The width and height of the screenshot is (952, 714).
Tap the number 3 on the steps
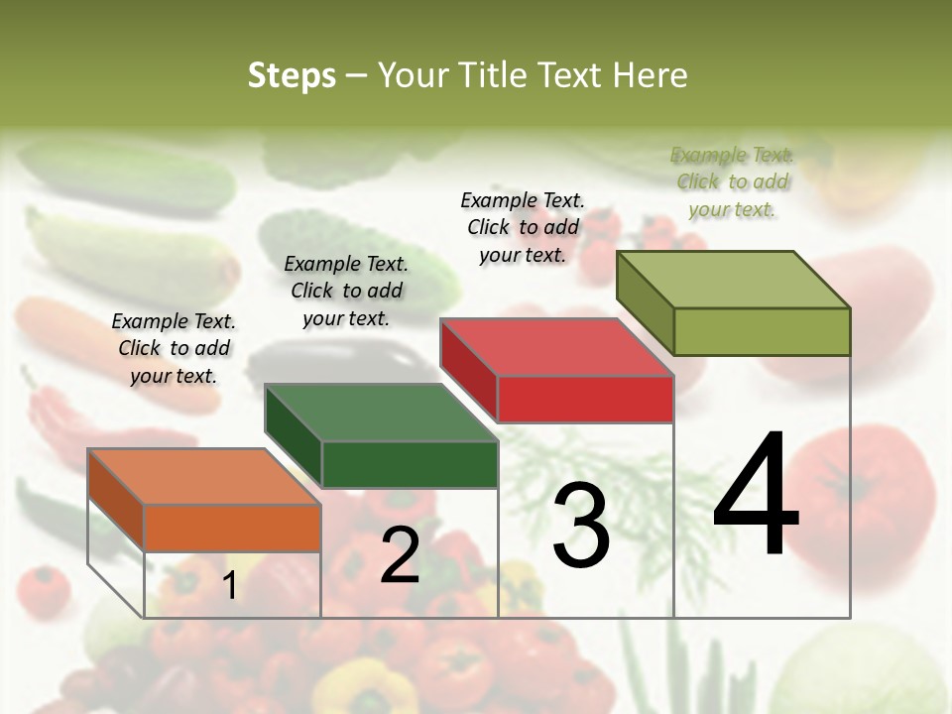pyautogui.click(x=580, y=525)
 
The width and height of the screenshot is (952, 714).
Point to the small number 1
pyautogui.click(x=230, y=585)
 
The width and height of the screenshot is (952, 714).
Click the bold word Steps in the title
pyautogui.click(x=292, y=75)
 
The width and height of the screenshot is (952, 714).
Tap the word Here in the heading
pyautogui.click(x=650, y=75)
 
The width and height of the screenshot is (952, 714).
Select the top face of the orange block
pyautogui.click(x=204, y=477)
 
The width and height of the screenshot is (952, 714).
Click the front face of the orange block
pyautogui.click(x=232, y=528)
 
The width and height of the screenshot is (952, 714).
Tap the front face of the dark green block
pyautogui.click(x=410, y=464)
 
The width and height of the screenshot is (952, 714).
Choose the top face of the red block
pyautogui.click(x=557, y=347)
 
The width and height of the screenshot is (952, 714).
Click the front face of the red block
pyautogui.click(x=585, y=399)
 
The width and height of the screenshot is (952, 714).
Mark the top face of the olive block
pyautogui.click(x=734, y=280)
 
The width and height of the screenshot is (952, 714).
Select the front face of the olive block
pyautogui.click(x=762, y=331)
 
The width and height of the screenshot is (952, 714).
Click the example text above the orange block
pyautogui.click(x=174, y=348)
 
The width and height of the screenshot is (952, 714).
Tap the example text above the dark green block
pyautogui.click(x=346, y=291)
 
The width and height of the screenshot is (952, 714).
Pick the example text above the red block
pyautogui.click(x=523, y=227)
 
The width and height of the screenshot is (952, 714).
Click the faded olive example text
pyautogui.click(x=732, y=181)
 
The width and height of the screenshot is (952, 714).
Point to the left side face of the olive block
pyautogui.click(x=645, y=301)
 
